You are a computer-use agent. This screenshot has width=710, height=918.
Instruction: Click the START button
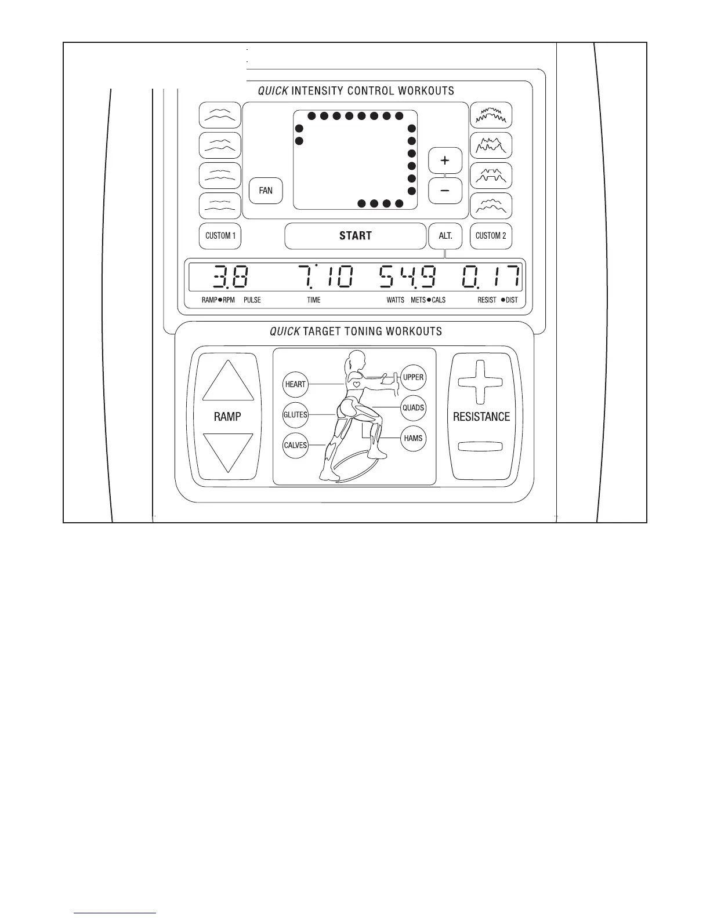355,236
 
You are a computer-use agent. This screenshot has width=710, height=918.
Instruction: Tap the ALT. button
445,236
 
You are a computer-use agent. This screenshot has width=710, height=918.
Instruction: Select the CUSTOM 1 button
220,236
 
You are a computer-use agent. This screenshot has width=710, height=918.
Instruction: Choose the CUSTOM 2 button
491,236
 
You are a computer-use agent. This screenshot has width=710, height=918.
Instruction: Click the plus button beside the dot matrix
445,161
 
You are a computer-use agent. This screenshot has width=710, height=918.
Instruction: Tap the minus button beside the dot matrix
445,191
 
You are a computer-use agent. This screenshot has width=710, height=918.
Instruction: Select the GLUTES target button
295,415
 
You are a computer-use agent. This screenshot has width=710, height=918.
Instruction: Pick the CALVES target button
295,445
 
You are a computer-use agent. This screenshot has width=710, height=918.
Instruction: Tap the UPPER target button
414,377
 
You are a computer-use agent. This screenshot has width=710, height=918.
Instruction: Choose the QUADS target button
414,407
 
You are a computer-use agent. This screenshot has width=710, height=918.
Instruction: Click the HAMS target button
414,438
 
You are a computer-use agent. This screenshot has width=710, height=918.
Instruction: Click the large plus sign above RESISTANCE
480,382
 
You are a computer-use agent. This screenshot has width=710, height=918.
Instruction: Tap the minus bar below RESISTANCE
480,447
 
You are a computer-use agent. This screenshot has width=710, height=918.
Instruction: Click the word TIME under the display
314,300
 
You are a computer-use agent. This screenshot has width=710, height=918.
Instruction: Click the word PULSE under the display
252,300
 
